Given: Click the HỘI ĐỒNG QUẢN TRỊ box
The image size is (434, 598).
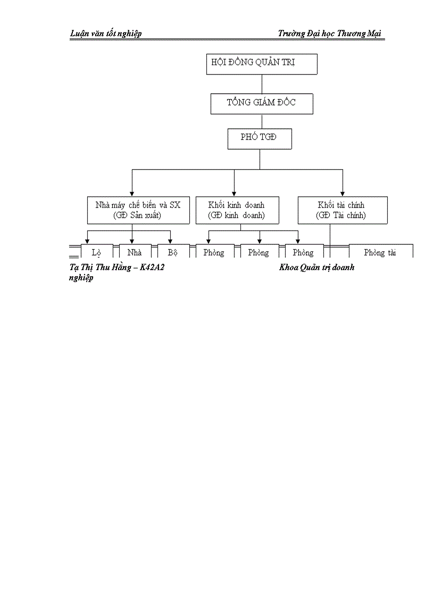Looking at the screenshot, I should pyautogui.click(x=262, y=63).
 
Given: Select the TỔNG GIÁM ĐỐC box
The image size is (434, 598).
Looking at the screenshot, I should pyautogui.click(x=262, y=103).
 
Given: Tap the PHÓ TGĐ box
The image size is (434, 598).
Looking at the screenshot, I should pyautogui.click(x=260, y=139).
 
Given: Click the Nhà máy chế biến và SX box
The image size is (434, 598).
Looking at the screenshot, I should pyautogui.click(x=138, y=210).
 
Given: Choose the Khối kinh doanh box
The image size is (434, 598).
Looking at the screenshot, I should pyautogui.click(x=237, y=210).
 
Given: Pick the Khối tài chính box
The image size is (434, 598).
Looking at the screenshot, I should pyautogui.click(x=341, y=210).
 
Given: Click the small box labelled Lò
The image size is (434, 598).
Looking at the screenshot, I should pyautogui.click(x=96, y=252).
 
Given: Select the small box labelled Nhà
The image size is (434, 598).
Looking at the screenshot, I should pyautogui.click(x=135, y=252).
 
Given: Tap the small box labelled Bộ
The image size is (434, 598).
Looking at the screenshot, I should pyautogui.click(x=172, y=252).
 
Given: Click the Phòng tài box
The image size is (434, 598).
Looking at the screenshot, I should pyautogui.click(x=380, y=252).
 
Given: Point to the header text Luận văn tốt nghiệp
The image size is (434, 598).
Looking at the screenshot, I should pyautogui.click(x=106, y=34).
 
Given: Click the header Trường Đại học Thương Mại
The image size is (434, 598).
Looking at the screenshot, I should pyautogui.click(x=330, y=34).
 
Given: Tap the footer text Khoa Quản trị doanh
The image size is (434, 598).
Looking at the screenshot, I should pyautogui.click(x=316, y=267).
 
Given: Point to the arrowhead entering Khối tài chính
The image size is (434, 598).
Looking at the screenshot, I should pyautogui.click(x=343, y=193).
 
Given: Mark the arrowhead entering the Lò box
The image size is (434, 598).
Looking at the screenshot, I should pyautogui.click(x=88, y=241).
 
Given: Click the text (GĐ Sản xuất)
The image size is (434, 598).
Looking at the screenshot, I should pyautogui.click(x=138, y=216).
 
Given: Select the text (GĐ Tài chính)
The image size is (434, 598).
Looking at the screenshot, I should pyautogui.click(x=341, y=216).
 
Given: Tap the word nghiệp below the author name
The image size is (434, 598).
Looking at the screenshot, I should pyautogui.click(x=81, y=278).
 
